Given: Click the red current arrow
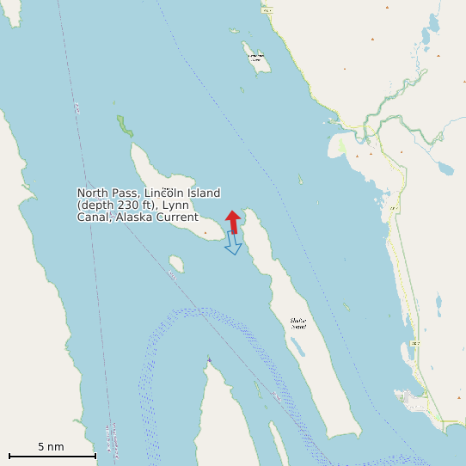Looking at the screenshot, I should pos(232,221).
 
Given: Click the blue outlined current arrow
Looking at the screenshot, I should pos(233,242).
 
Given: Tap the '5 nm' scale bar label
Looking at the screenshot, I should pos(51,447).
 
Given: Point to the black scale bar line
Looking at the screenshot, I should pos(52,456).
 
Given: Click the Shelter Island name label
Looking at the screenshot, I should pos(297,323).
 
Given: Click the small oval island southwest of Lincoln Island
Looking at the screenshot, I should pos(177,263).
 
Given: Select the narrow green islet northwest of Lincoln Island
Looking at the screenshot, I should pos(126,126).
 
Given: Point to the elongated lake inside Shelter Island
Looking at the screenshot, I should pos(297,346).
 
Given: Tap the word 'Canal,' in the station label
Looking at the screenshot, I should pos(95,218).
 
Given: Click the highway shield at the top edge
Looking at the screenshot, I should pos(267,9).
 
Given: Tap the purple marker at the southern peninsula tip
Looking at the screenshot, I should pos(209,359).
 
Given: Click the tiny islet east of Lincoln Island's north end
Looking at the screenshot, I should pos(301,180).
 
